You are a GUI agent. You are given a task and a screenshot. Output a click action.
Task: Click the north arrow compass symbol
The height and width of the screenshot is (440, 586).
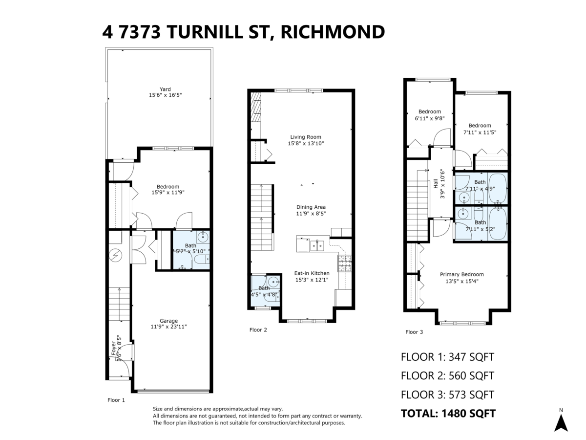pyautogui.click(x=561, y=422)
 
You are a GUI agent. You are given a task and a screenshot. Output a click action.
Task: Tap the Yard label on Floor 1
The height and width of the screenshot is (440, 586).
pyautogui.click(x=165, y=89)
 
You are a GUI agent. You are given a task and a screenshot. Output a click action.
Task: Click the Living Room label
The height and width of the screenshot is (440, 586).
pyautogui.click(x=306, y=137)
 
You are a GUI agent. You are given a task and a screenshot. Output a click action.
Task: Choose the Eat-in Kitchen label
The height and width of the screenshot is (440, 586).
pyautogui.click(x=312, y=273)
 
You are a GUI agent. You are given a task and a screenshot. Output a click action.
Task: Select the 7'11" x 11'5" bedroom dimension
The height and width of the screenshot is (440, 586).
pyautogui.click(x=480, y=132)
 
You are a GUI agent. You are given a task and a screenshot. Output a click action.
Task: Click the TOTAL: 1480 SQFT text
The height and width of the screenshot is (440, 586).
pyautogui.click(x=448, y=414)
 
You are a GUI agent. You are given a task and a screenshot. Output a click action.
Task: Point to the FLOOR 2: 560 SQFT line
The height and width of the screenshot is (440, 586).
pyautogui.click(x=447, y=375)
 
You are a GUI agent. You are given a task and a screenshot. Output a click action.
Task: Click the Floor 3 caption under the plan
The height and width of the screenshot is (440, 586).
pyautogui.click(x=414, y=332)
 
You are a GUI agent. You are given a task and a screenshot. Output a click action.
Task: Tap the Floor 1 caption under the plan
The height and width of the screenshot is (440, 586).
pyautogui.click(x=116, y=400)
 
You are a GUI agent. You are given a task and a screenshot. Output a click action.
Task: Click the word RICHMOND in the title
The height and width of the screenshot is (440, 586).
pyautogui.click(x=333, y=32)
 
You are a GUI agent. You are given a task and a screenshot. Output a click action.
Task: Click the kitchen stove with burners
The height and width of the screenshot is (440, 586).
pyautogui.click(x=345, y=264)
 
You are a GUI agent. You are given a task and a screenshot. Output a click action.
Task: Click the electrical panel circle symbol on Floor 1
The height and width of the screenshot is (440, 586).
pyautogui.click(x=116, y=254)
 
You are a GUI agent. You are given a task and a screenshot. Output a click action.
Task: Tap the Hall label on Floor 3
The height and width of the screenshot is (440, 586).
pyautogui.click(x=435, y=184)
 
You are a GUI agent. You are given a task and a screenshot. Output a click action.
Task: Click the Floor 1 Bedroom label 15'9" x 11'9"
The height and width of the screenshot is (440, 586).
pyautogui.click(x=167, y=186)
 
